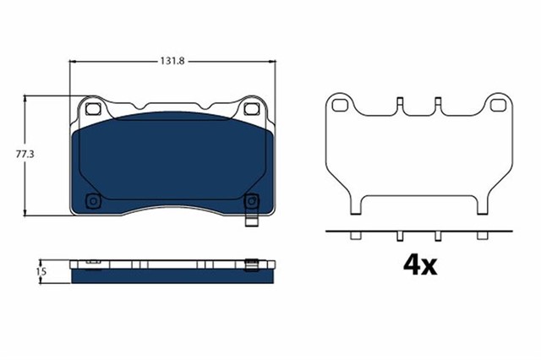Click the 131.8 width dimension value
173,61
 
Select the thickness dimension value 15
40,271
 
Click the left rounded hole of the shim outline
341,106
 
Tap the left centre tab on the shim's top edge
397,106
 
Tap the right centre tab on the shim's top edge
438,106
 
